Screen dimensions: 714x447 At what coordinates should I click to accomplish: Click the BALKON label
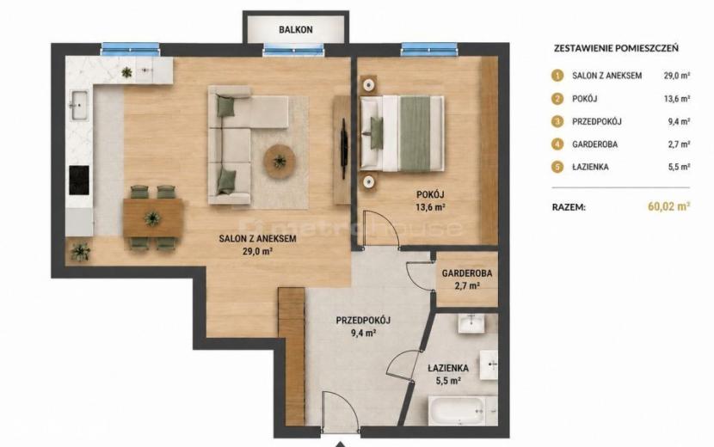coord(296,29)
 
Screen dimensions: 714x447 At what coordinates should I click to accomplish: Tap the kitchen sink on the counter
coord(79,105)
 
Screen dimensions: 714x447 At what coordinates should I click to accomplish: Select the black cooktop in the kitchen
coord(79,180)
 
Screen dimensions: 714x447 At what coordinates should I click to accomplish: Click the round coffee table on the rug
coord(279,161)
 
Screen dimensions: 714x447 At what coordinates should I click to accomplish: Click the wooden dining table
coord(153,217)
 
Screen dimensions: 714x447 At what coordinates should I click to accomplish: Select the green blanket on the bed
coord(415,133)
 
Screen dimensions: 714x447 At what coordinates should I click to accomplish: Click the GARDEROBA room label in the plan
coord(467,273)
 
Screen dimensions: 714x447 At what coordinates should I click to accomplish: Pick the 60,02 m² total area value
coord(668,206)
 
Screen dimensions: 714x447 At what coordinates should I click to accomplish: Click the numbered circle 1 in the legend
coord(557,76)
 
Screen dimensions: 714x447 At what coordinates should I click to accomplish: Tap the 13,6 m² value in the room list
coord(677,99)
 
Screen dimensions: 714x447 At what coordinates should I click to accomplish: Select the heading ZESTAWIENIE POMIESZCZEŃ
coord(616,48)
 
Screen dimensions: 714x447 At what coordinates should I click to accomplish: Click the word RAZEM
coord(569,207)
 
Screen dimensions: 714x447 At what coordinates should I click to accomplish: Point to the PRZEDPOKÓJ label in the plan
coord(363,321)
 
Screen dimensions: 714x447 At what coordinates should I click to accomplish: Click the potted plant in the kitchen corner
coord(81,251)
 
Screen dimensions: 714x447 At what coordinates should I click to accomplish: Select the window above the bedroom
coord(428,48)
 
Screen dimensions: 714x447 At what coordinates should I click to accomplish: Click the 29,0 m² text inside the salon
coord(257,251)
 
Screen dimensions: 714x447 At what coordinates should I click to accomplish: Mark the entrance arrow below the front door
coord(340,444)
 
